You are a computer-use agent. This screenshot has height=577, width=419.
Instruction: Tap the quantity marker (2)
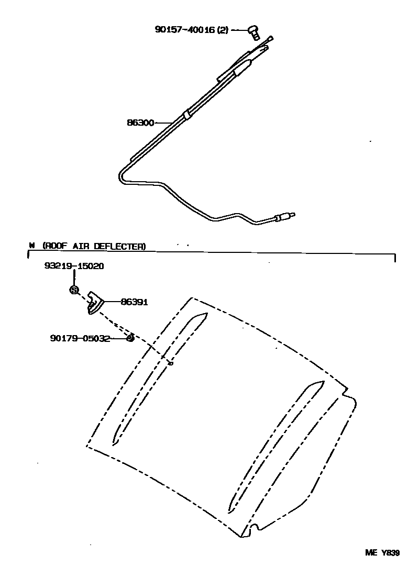pyautogui.click(x=223, y=30)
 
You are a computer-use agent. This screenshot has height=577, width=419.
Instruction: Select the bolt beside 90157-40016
pyautogui.click(x=254, y=32)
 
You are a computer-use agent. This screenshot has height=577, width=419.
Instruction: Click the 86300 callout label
pyautogui.click(x=140, y=123)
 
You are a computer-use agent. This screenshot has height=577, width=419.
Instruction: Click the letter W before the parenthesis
pyautogui.click(x=32, y=246)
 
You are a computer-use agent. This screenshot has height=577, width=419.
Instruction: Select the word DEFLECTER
pyautogui.click(x=124, y=246)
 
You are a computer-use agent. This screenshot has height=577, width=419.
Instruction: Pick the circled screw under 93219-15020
pyautogui.click(x=74, y=290)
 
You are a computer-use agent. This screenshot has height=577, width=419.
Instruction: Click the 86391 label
pyautogui.click(x=134, y=302)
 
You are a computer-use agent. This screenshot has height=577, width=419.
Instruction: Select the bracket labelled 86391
pyautogui.click(x=95, y=303)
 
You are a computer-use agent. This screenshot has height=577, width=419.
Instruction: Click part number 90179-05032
pyautogui.click(x=80, y=338)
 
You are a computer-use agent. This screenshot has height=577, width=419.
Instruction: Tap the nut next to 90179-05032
pyautogui.click(x=130, y=338)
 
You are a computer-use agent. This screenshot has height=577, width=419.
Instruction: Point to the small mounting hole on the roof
pyautogui.click(x=171, y=363)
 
